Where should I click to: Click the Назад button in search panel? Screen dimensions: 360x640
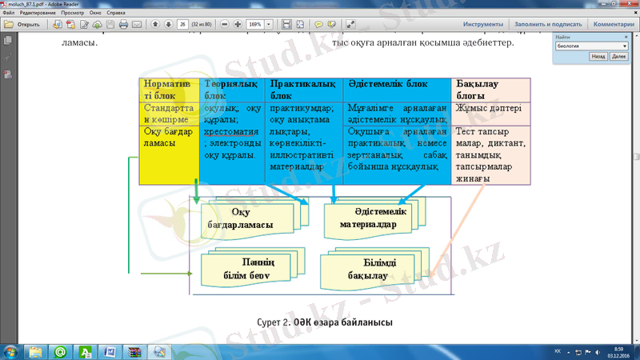tap(598, 58)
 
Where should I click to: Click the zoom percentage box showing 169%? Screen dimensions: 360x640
tap(255, 25)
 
